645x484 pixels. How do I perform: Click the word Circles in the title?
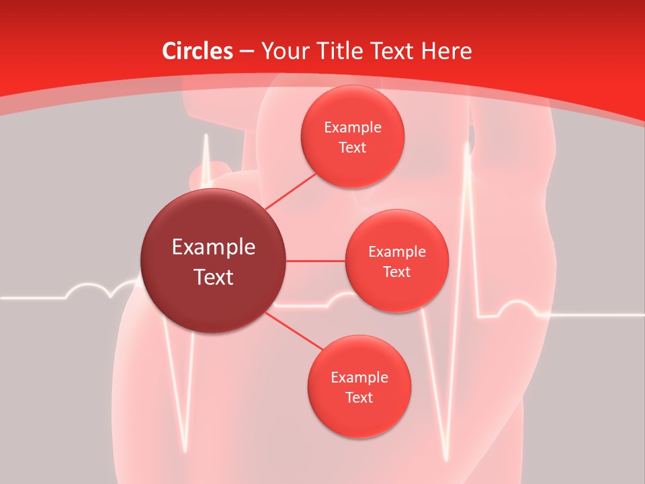198,51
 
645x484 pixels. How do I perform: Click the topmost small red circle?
352,136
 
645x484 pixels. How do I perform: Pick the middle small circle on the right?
396,261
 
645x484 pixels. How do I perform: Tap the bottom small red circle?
359,387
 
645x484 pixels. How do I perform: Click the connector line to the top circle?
290,191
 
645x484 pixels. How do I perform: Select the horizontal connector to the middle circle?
316,261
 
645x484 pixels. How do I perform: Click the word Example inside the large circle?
214,247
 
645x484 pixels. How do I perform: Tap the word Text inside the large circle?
214,277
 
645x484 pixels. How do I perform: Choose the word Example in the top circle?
352,127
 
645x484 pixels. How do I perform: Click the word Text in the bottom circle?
359,397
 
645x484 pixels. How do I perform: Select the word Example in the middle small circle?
396,251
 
